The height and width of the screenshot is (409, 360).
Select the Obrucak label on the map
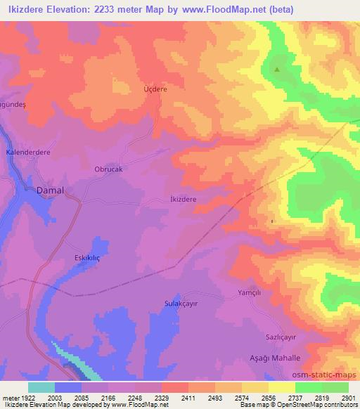[108, 169]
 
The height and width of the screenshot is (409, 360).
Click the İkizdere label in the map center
[183, 200]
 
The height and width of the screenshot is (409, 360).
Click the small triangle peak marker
[276, 70]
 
